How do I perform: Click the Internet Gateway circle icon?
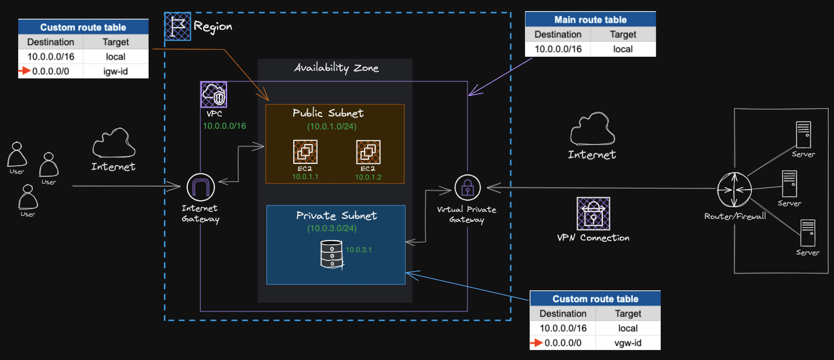point(201,187)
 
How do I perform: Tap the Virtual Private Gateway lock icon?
point(468,187)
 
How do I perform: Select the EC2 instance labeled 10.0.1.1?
point(306,152)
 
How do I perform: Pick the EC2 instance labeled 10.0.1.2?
point(368,152)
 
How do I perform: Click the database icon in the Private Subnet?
point(331,254)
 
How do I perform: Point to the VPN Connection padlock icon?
point(593,213)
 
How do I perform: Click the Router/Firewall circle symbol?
point(735,190)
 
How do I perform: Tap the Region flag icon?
point(177,26)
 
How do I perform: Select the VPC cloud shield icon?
point(214,95)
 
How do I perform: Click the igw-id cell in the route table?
point(116,71)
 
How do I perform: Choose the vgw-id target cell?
point(628,343)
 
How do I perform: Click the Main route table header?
point(591,19)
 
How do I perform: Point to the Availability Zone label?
point(336,68)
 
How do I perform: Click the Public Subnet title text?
point(328,113)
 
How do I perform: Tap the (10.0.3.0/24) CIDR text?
point(332,228)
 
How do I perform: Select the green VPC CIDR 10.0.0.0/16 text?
point(225,126)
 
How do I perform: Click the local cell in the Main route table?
point(623,49)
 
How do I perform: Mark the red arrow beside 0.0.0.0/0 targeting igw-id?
point(24,71)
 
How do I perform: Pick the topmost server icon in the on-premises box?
point(803,135)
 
